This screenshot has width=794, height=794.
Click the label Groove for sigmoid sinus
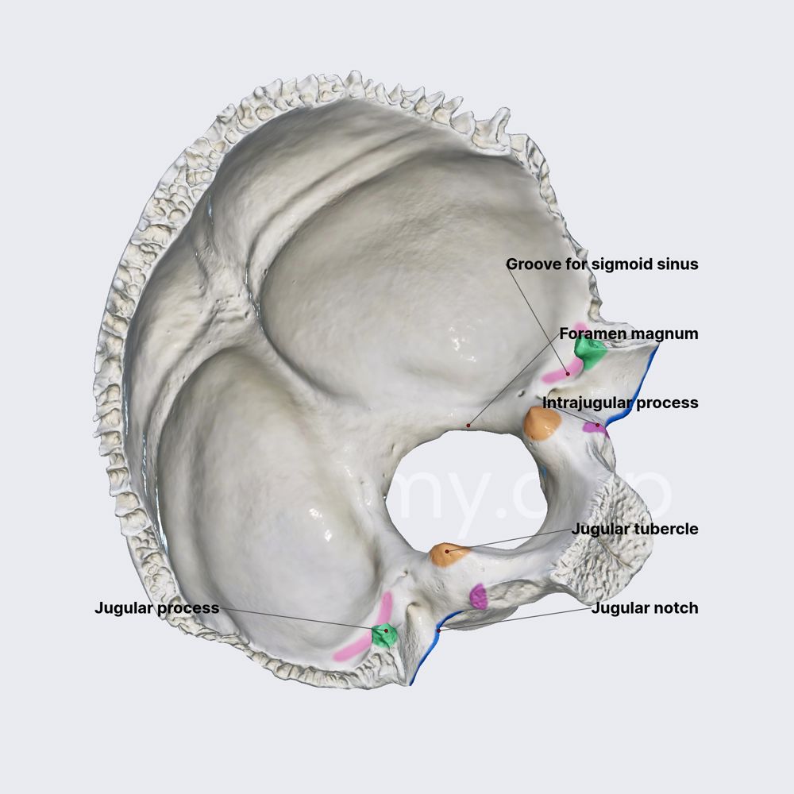(602, 264)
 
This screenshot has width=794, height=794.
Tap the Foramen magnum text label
(629, 333)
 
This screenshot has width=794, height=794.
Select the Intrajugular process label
(620, 403)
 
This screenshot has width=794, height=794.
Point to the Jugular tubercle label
(634, 529)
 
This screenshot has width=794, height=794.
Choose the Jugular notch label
(645, 608)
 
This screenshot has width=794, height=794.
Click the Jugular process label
(156, 608)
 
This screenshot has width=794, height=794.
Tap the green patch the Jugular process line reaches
(384, 634)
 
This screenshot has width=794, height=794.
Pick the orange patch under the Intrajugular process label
(543, 424)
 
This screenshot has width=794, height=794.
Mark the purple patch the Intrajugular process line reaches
(594, 427)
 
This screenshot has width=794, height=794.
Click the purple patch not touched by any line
(478, 597)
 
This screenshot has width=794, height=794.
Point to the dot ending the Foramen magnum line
(468, 426)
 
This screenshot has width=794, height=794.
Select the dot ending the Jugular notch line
(438, 630)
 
